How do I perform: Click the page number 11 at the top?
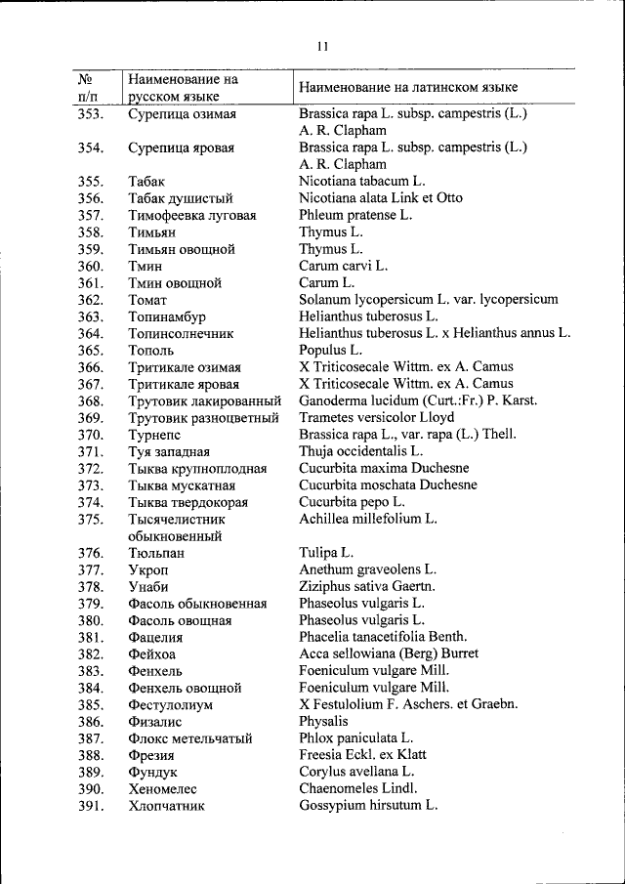pyautogui.click(x=322, y=46)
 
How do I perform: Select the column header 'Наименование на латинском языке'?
pyautogui.click(x=408, y=88)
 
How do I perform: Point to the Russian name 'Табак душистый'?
pyautogui.click(x=180, y=198)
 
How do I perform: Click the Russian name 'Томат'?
pyautogui.click(x=147, y=300)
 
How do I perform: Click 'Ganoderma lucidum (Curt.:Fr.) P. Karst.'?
pyautogui.click(x=418, y=400)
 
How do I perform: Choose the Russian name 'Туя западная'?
pyautogui.click(x=169, y=451)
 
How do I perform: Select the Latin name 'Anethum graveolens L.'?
pyautogui.click(x=367, y=569)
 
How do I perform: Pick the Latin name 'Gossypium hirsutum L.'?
pyautogui.click(x=368, y=806)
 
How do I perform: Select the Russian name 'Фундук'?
pyautogui.click(x=152, y=772)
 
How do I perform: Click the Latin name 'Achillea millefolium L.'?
pyautogui.click(x=367, y=519)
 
